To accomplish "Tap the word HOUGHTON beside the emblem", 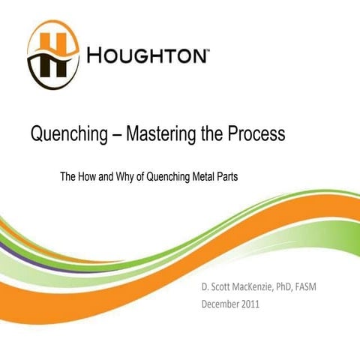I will tap(147, 57).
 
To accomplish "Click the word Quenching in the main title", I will tap(67, 136).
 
